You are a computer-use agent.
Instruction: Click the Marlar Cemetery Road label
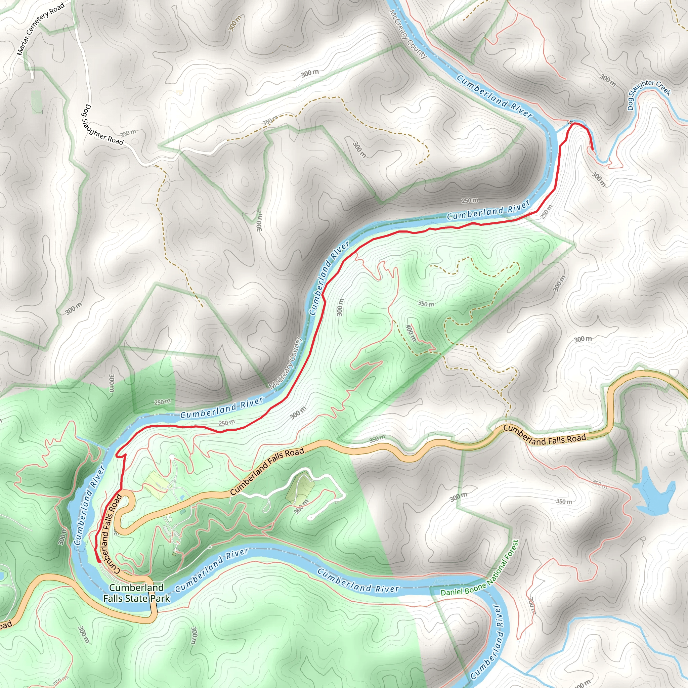tap(40, 29)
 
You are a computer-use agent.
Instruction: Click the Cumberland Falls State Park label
tap(136, 593)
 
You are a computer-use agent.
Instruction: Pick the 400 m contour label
tap(411, 333)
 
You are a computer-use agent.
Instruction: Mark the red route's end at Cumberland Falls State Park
tap(98, 561)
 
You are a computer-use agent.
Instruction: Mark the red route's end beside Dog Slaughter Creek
tap(592, 150)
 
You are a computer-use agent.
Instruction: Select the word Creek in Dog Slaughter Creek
tap(663, 88)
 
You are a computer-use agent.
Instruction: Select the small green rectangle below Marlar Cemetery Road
tap(36, 102)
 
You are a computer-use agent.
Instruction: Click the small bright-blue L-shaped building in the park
tap(182, 497)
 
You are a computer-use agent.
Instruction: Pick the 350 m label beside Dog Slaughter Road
tap(128, 134)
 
